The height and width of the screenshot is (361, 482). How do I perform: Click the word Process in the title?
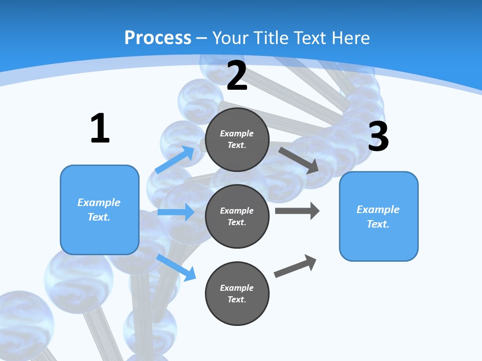click(x=158, y=38)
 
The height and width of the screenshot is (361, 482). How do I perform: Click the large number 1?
click(x=100, y=128)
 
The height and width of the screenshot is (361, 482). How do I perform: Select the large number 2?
click(x=237, y=76)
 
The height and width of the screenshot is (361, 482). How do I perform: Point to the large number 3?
click(x=378, y=136)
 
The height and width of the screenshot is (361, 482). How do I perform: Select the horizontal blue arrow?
click(x=176, y=213)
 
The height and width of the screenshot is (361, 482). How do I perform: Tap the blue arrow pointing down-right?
click(x=176, y=267)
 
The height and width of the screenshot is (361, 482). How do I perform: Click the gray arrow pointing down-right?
click(x=299, y=160)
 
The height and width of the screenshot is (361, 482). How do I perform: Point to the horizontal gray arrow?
click(x=297, y=211)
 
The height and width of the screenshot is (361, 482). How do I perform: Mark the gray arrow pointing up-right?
click(x=295, y=266)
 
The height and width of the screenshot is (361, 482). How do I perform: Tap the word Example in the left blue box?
click(x=99, y=203)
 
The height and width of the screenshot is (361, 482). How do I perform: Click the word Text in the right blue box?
click(x=377, y=224)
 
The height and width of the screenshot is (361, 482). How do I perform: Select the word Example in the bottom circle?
click(x=236, y=288)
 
